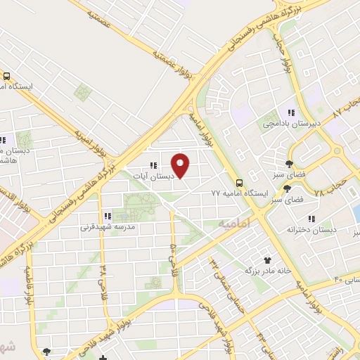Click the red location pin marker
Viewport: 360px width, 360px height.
point(181,165)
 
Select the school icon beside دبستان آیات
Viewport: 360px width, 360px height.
point(153,166)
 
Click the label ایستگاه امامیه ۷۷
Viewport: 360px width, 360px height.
point(236,191)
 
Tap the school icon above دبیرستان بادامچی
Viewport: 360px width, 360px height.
point(290,112)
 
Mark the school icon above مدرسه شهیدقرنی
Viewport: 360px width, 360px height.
point(108,216)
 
